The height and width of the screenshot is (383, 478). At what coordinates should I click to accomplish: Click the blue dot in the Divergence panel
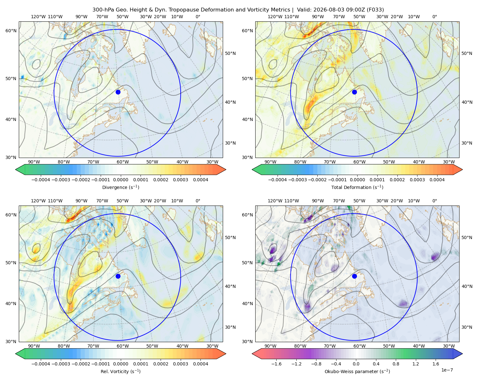point(118,92)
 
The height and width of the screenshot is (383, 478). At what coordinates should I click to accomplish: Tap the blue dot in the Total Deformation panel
point(354,92)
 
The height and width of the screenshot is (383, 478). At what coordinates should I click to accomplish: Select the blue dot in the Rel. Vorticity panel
point(118,276)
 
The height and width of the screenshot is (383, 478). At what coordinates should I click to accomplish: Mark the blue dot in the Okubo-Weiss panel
point(354,276)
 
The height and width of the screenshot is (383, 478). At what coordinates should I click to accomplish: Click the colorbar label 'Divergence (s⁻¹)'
point(120,187)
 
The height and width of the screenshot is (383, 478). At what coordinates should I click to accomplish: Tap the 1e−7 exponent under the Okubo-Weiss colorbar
point(447,370)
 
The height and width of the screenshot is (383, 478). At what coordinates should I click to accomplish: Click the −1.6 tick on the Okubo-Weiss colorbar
point(276,364)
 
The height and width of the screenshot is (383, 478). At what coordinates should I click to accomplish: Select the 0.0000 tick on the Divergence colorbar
point(120,180)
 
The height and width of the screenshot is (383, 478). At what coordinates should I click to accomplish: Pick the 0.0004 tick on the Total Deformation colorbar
point(437,180)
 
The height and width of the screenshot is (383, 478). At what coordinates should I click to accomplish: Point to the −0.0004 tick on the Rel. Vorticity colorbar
point(41,364)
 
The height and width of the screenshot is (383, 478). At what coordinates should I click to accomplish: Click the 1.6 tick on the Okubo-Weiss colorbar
point(436,364)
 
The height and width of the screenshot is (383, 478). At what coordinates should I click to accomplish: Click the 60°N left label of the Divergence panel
point(11,31)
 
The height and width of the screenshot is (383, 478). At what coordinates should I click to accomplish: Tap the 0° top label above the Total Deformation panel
point(434,17)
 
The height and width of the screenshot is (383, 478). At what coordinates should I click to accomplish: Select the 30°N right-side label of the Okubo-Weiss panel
point(467,327)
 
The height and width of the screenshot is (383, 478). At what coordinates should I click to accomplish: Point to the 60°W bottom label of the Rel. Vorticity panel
point(123,346)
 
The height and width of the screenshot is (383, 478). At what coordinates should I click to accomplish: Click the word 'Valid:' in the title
point(304,10)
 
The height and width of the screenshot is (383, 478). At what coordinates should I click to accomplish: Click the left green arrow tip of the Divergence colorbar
point(16,169)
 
